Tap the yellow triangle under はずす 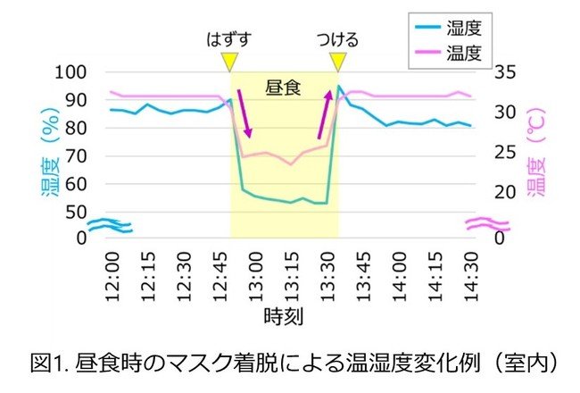pos(229,61)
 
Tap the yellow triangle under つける pos(337,61)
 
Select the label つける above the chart pos(337,39)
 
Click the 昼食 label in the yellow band pos(284,88)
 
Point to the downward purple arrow pos(244,112)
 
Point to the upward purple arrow pos(325,114)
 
